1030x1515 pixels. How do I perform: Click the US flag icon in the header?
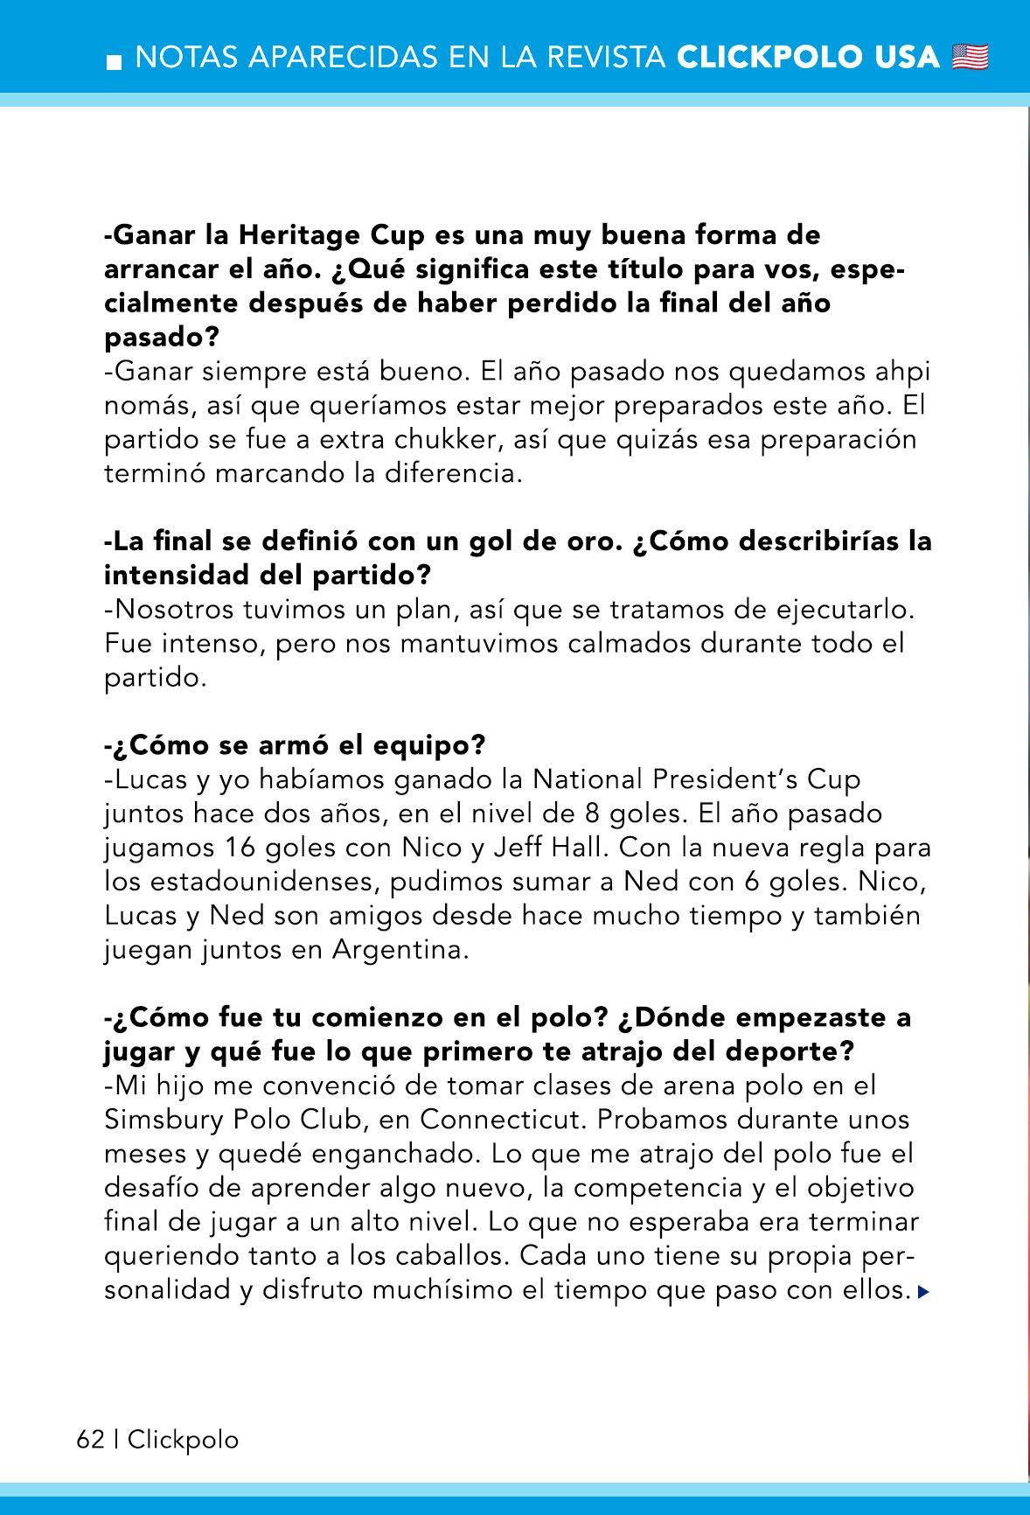pyautogui.click(x=970, y=58)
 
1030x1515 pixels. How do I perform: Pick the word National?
pyautogui.click(x=594, y=779)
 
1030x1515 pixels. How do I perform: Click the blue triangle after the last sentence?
pyautogui.click(x=923, y=1291)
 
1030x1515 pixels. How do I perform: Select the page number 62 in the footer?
pyautogui.click(x=90, y=1440)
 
